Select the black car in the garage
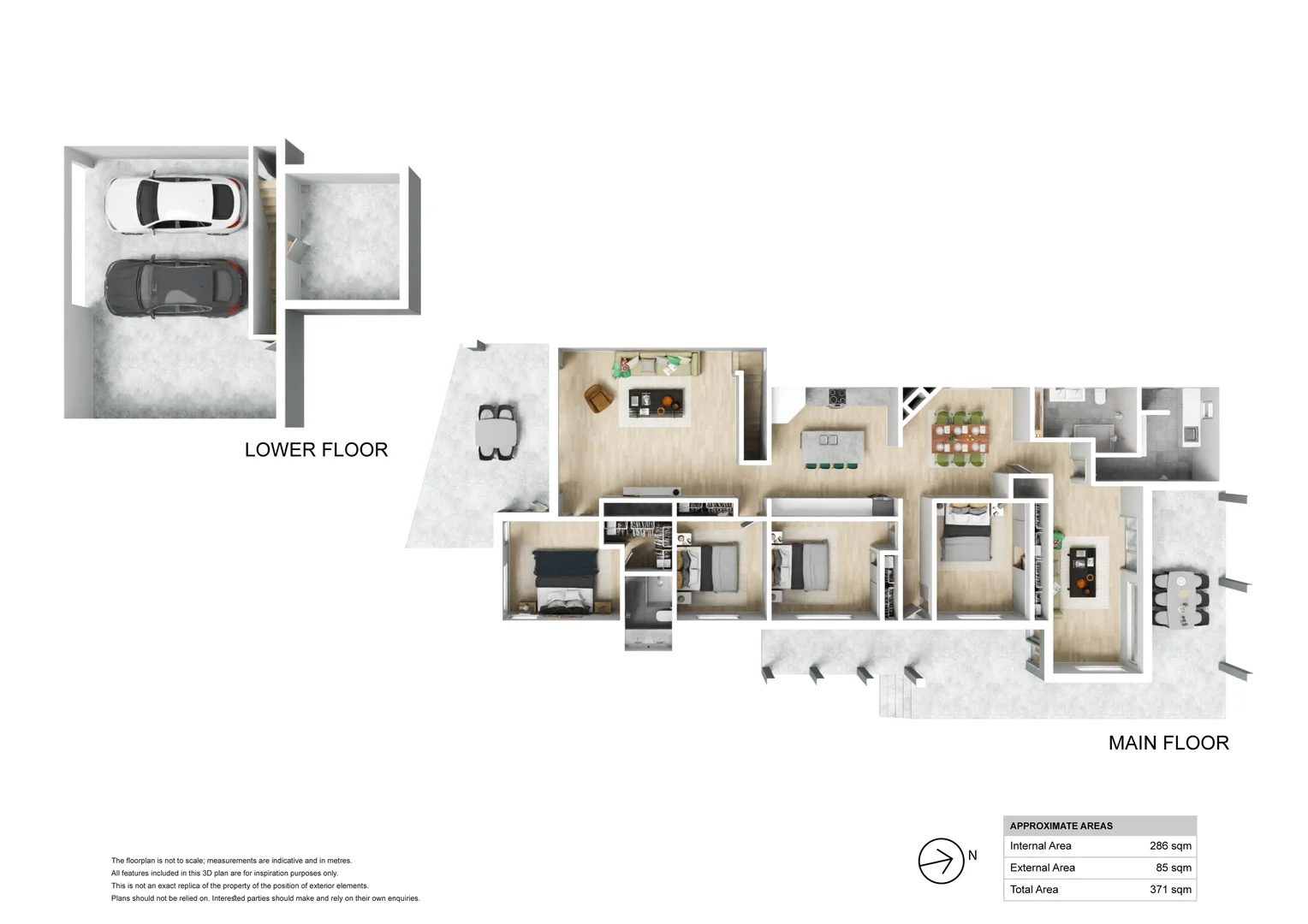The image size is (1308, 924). tap(175, 287)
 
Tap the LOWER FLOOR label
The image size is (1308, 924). tap(316, 450)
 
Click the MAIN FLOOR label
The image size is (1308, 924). tap(1168, 743)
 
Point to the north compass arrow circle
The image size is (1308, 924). tap(941, 861)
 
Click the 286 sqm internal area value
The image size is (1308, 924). tap(1169, 846)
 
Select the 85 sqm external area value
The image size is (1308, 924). tap(1173, 868)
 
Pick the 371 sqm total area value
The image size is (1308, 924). tap(1169, 890)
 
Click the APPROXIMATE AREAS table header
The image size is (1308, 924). tap(1061, 826)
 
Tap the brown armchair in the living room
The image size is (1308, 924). tap(598, 398)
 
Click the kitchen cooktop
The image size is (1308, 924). tap(836, 397)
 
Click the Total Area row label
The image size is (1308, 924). tap(1033, 890)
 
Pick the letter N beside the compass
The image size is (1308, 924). tap(972, 855)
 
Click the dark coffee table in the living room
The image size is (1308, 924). tap(656, 401)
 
